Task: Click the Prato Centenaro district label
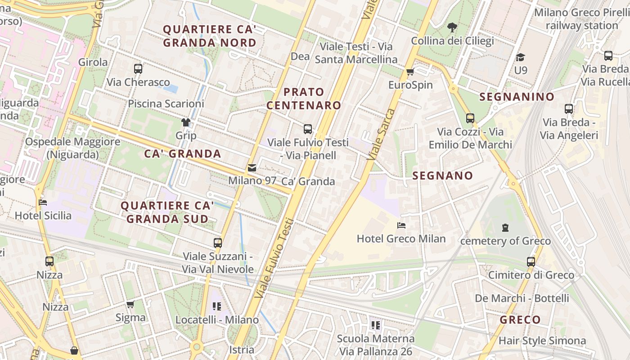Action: (304, 99)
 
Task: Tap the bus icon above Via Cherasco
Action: (138, 69)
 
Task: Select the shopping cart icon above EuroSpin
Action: (410, 72)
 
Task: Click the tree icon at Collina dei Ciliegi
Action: (452, 28)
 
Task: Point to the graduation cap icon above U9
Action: (521, 57)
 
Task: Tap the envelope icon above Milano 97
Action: (252, 168)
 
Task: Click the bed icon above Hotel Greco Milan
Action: (401, 225)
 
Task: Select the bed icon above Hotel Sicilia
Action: (43, 202)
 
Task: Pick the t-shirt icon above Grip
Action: (186, 122)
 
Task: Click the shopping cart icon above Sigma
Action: (130, 305)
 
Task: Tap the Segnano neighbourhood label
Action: (443, 175)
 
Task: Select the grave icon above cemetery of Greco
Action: (505, 228)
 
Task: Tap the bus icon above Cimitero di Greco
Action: (531, 261)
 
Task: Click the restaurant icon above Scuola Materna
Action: (376, 325)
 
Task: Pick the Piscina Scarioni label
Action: (166, 103)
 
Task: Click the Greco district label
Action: (520, 320)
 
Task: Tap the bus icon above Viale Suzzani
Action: (218, 243)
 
